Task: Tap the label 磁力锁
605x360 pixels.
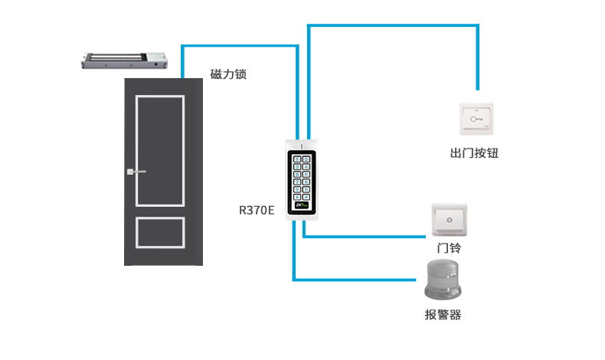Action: (227, 75)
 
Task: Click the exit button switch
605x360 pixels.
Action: (476, 119)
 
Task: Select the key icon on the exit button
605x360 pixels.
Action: (476, 119)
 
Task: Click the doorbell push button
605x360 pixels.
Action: (449, 220)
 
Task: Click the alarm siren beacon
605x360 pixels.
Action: (444, 279)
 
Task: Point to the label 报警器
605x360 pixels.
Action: (443, 314)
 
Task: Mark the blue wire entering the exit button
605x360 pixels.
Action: (477, 84)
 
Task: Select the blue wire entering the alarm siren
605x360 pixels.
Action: (360, 278)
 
